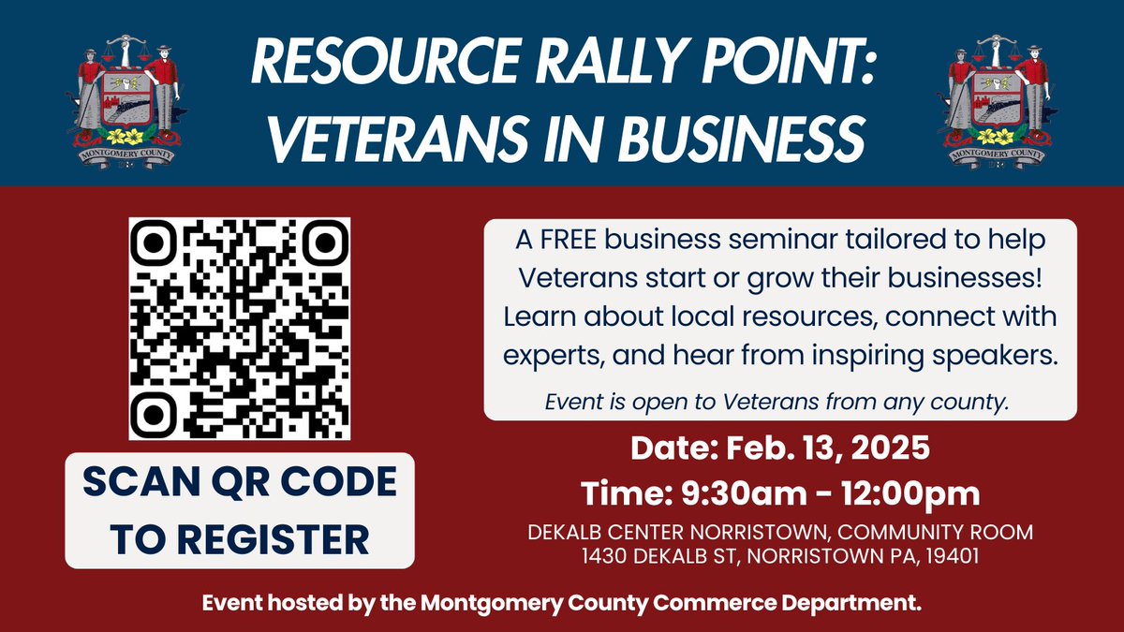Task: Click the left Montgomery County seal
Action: pos(125,95)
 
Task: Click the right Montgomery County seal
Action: pos(998,95)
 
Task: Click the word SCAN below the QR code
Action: pos(130,482)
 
